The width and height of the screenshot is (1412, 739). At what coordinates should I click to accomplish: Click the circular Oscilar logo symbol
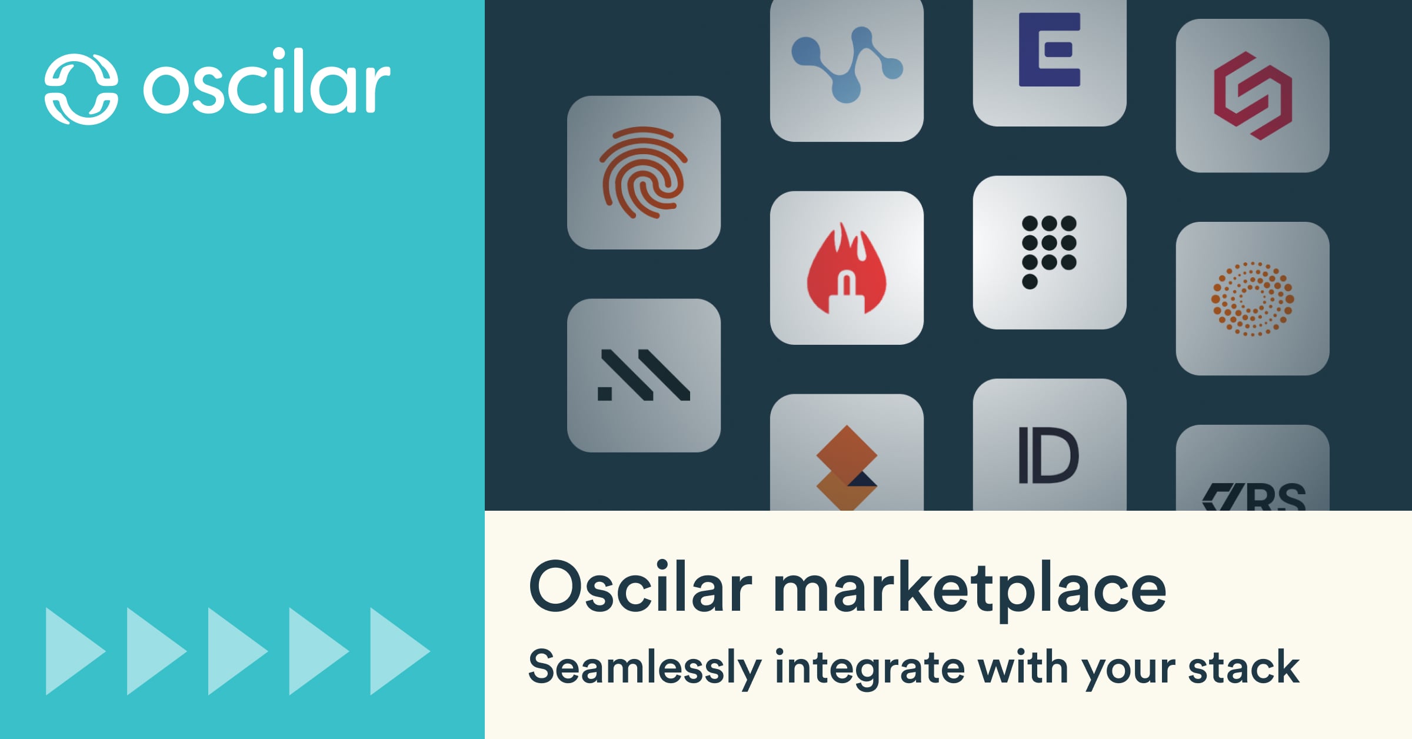[x=81, y=89]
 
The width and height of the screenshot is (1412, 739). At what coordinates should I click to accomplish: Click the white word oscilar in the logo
[x=267, y=82]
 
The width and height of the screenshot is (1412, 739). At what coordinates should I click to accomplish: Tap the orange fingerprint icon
[x=643, y=172]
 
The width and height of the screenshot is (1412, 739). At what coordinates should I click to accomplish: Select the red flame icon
[x=846, y=269]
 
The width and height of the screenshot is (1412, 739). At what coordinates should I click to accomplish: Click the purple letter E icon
[x=1050, y=51]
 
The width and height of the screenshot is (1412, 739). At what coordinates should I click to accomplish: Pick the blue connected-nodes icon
[x=846, y=63]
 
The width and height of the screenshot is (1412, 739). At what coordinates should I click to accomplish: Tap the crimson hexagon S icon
[x=1253, y=96]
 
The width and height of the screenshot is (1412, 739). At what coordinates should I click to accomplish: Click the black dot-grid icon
[x=1049, y=251]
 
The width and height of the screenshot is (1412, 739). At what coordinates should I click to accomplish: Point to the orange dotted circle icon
[x=1252, y=299]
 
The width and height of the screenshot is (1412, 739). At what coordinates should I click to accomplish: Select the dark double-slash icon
[x=644, y=375]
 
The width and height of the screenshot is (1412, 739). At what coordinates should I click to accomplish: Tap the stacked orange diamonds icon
[x=846, y=466]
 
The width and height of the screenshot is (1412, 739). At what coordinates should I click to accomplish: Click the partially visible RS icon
[x=1253, y=495]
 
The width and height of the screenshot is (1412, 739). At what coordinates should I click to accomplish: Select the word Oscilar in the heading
[x=640, y=587]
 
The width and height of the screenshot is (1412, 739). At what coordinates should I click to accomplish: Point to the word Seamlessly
[x=644, y=668]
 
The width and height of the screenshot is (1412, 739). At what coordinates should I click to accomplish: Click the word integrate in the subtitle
[x=870, y=668]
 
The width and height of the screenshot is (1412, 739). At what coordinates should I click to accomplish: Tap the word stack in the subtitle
[x=1243, y=667]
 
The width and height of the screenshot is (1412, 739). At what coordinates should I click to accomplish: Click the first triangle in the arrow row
[x=74, y=651]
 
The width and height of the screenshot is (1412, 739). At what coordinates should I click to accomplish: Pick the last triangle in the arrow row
[x=398, y=651]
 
